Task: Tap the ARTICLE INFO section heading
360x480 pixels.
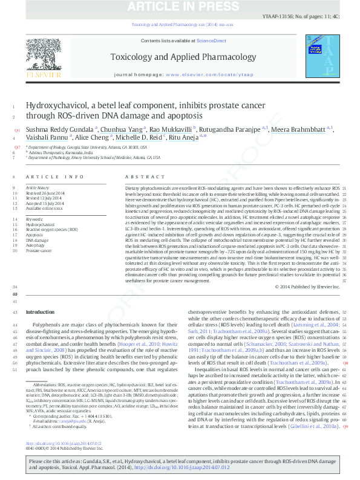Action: (x=55, y=177)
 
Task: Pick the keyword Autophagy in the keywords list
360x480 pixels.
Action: (x=35, y=245)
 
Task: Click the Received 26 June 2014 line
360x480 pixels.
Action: (x=46, y=193)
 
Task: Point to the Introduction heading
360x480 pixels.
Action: (x=40, y=312)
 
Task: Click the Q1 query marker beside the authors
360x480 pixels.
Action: (x=17, y=129)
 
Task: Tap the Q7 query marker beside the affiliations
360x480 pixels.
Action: (x=17, y=147)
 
